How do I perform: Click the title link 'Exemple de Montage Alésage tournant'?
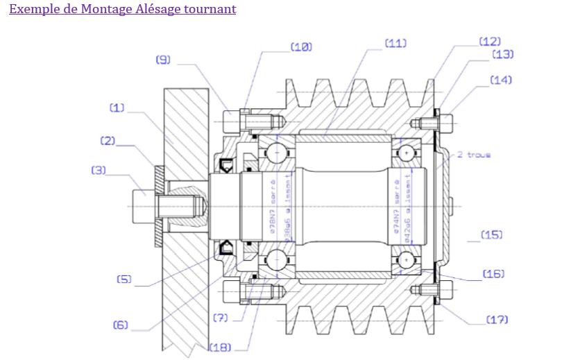tap(122, 9)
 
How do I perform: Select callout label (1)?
tap(117, 108)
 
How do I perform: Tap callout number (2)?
tap(107, 141)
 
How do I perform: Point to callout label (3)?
tap(99, 169)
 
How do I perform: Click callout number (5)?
tap(124, 280)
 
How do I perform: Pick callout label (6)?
tap(121, 325)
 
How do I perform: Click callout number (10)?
tap(300, 46)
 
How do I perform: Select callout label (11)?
tap(395, 42)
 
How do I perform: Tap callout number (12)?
tap(490, 42)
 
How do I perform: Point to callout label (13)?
tap(502, 54)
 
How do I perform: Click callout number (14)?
tap(501, 80)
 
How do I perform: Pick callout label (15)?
tap(491, 234)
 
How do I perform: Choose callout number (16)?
tap(493, 274)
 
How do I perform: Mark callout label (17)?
tap(497, 320)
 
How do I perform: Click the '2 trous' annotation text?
tap(475, 155)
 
